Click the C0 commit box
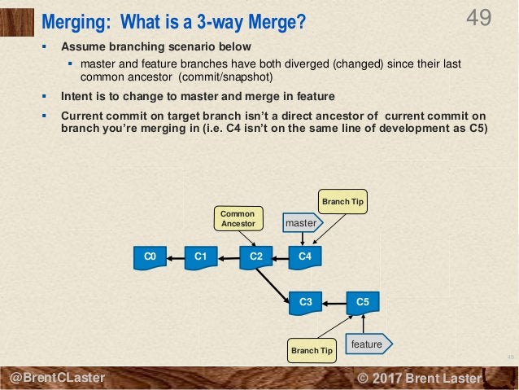(x=149, y=257)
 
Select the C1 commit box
(x=199, y=257)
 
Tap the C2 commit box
(x=255, y=257)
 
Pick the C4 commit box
(x=304, y=257)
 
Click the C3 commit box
(x=306, y=302)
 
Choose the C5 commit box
(x=362, y=302)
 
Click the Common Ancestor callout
(x=238, y=218)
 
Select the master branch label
(x=302, y=221)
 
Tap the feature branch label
(x=369, y=344)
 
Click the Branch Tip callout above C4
(x=342, y=201)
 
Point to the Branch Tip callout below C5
(x=312, y=351)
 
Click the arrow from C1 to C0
(x=175, y=257)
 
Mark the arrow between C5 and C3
(x=334, y=302)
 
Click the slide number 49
(x=479, y=17)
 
